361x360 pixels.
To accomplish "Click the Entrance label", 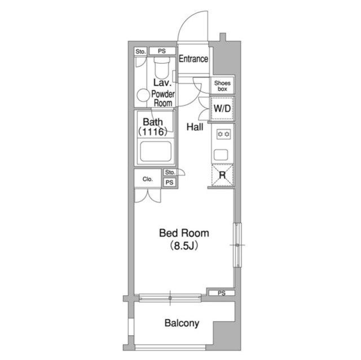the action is point(193,59).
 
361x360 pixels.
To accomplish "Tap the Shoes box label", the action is point(222,86).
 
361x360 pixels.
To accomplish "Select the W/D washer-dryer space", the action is point(222,109).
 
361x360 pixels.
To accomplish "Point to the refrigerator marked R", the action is point(222,175).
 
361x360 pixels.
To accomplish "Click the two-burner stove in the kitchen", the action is point(223,134).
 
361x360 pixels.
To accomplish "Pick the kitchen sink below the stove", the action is point(221,155).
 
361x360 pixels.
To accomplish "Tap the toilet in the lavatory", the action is point(162,68).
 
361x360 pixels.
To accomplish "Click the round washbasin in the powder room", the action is point(143,95).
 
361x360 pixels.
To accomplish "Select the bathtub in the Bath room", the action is point(156,152).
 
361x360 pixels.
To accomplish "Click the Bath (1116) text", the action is point(153,127).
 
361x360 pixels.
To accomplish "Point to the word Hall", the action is point(195,127).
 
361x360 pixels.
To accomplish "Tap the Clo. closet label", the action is point(148,179).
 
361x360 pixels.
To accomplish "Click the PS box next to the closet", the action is point(169,183).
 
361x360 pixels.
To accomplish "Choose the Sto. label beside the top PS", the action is point(140,51).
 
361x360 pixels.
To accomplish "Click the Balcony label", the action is point(182,323).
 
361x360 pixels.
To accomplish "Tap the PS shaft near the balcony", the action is point(222,293).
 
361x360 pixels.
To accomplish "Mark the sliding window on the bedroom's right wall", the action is point(237,245).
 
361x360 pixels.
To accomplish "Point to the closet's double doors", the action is point(148,195).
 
